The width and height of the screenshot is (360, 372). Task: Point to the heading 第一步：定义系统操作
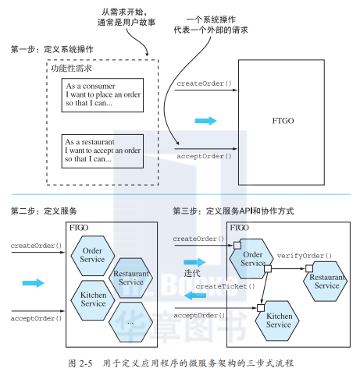click(x=52, y=49)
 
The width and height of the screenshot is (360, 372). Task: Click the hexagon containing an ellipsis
click(x=130, y=320)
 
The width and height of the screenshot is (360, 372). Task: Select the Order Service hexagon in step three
click(x=253, y=258)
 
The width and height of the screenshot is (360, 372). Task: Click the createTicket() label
click(x=222, y=287)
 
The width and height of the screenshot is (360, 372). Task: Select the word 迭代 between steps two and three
click(x=192, y=275)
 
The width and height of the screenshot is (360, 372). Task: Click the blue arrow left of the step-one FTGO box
click(x=205, y=121)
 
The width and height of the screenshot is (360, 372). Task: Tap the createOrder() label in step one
click(x=203, y=83)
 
